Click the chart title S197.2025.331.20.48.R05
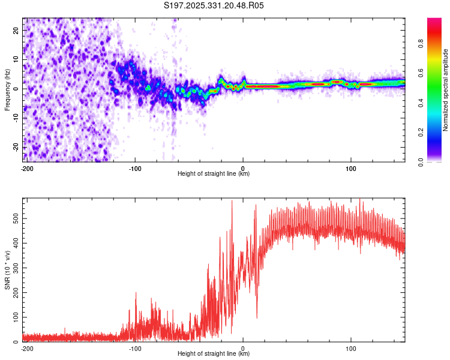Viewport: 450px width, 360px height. [x=214, y=5]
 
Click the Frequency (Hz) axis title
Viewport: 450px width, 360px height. [x=7, y=89]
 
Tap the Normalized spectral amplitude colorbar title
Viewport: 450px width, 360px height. [x=445, y=89]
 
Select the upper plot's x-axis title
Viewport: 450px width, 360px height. [x=214, y=174]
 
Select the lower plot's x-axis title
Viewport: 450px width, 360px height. [x=214, y=354]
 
